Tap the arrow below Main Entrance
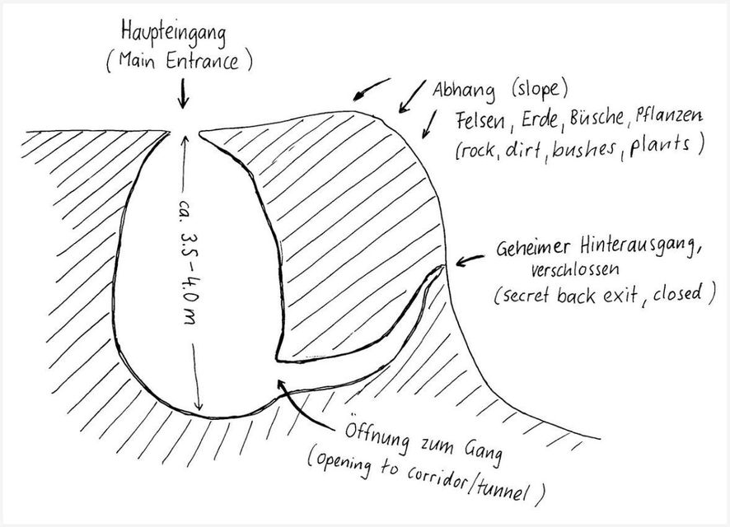click(183, 93)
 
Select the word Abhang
click(464, 91)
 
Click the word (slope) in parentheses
click(540, 89)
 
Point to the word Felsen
click(480, 121)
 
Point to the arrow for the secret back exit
click(470, 261)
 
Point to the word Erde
click(539, 119)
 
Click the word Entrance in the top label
click(202, 61)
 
